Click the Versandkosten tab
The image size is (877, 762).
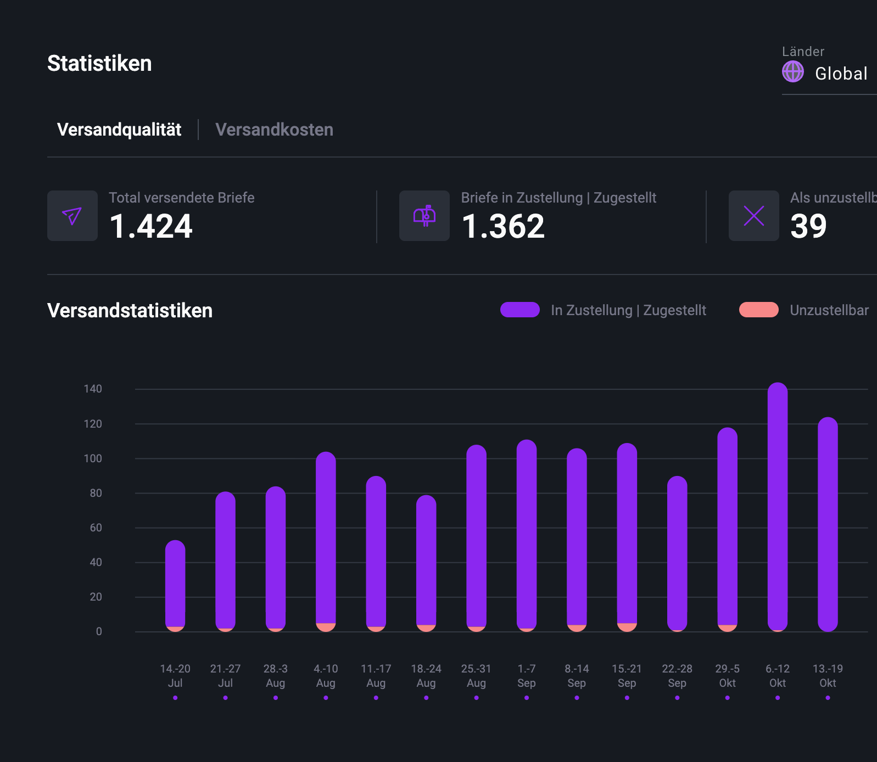[274, 130]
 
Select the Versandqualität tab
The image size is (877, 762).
[119, 130]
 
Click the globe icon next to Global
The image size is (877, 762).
[792, 72]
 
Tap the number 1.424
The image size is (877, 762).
[151, 226]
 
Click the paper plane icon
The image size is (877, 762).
[72, 216]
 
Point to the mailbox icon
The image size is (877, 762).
[424, 216]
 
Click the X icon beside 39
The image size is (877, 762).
[753, 216]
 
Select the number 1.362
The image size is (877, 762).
[503, 226]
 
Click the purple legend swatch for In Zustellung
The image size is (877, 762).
[520, 310]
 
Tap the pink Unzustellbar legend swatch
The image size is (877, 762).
[758, 310]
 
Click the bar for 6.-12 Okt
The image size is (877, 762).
[777, 505]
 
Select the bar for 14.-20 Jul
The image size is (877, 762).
[175, 585]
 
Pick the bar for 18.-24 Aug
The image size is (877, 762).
[426, 560]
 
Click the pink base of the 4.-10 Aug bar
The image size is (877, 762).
[326, 627]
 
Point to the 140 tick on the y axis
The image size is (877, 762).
[93, 389]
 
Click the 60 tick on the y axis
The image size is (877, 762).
[96, 528]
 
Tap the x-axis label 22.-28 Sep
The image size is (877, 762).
[677, 675]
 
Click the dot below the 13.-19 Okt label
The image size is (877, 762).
[828, 698]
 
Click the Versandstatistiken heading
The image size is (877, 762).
[130, 311]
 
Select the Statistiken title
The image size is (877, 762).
[99, 63]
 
